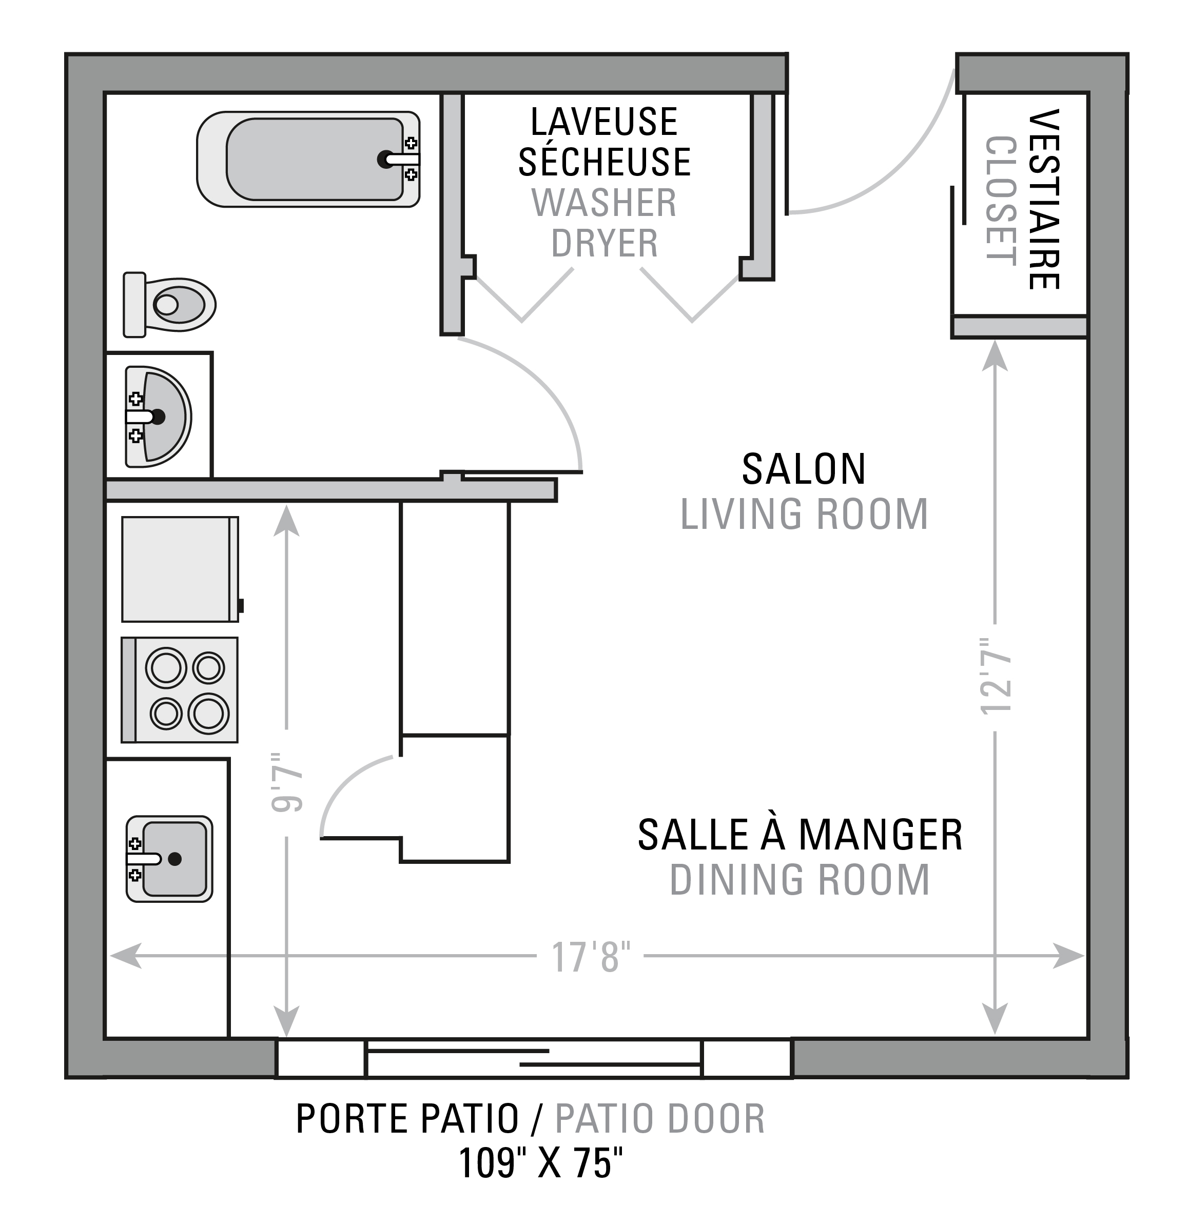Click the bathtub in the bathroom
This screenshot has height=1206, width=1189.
coord(308,159)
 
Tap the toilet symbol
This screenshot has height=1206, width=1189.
coord(169,305)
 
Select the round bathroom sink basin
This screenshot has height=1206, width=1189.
coord(158,417)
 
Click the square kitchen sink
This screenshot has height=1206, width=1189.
coord(169,859)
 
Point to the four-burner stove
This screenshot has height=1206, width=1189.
coord(179,690)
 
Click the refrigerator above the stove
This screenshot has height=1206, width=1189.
coord(181,569)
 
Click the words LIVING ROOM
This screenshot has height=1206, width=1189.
coord(804,515)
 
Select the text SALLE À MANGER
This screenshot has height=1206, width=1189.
coord(800,835)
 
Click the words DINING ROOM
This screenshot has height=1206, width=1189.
coord(800,880)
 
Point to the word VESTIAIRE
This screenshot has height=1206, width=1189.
coord(1043,199)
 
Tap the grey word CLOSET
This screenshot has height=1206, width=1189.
coord(1001,201)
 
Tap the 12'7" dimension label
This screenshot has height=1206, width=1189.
coord(996,676)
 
